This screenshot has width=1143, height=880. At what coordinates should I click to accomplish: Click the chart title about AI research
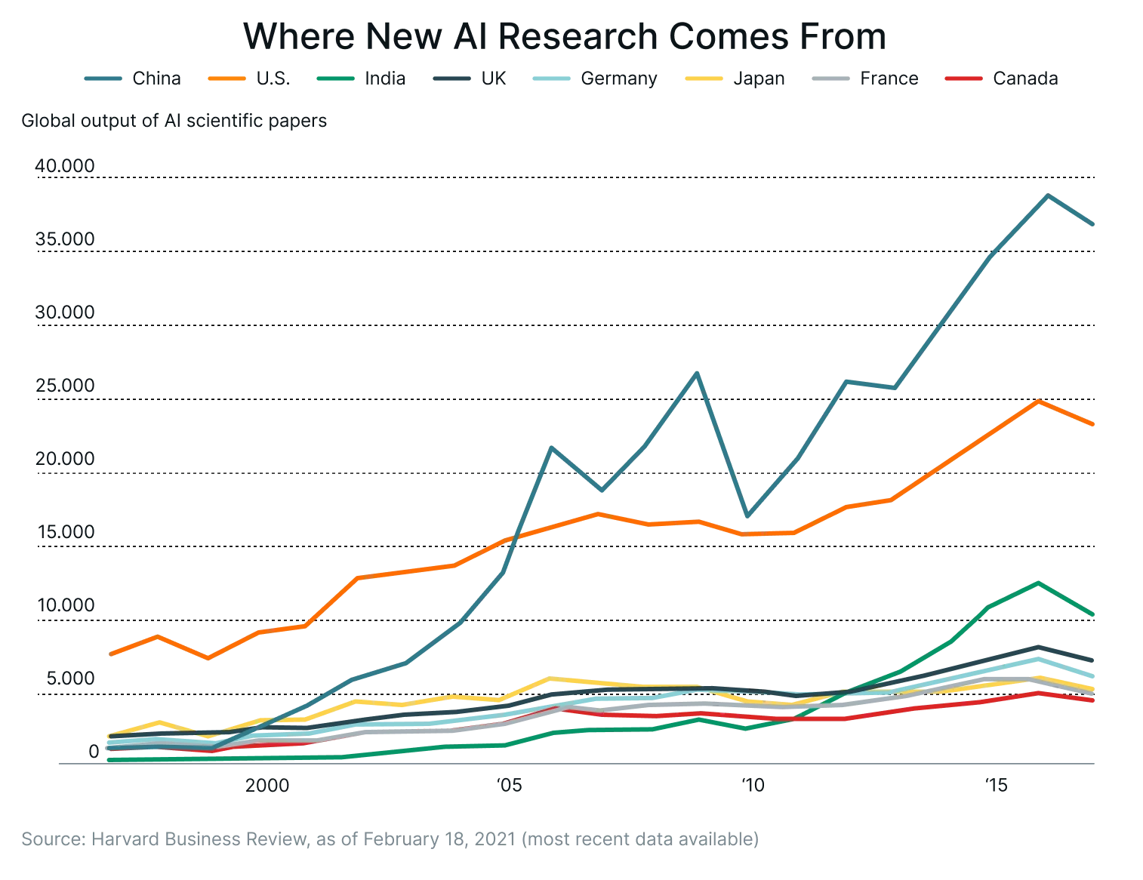(565, 38)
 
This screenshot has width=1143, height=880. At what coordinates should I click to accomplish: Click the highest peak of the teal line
(1047, 195)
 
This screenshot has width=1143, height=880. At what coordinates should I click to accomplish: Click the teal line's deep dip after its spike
(747, 516)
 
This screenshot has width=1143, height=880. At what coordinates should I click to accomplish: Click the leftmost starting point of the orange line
(111, 653)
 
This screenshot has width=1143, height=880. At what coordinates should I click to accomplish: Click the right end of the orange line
(1096, 426)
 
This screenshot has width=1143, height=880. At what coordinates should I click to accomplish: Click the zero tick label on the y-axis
(91, 749)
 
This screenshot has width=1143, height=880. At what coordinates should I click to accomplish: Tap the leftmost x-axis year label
(268, 787)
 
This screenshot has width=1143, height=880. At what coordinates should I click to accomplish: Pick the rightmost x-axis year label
(998, 787)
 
